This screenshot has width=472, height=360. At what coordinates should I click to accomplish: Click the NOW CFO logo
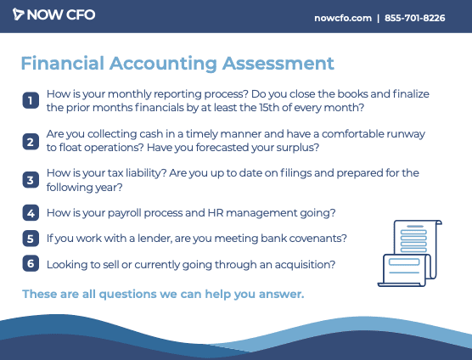click(53, 14)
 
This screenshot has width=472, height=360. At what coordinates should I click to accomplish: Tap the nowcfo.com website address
click(343, 18)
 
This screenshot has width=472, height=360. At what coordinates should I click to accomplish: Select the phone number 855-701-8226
click(415, 18)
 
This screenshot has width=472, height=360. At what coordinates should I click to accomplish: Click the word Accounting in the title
click(163, 64)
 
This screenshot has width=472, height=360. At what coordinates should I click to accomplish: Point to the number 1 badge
click(31, 100)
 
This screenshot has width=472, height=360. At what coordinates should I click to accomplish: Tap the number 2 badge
click(31, 142)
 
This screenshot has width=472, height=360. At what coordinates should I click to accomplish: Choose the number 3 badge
click(31, 180)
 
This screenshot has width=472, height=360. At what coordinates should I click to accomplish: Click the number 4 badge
click(31, 213)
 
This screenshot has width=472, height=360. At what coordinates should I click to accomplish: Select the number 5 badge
click(31, 239)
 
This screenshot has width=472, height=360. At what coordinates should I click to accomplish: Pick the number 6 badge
click(31, 263)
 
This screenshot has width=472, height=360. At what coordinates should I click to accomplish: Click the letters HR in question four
click(216, 213)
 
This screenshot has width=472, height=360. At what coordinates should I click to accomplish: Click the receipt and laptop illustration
click(410, 253)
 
